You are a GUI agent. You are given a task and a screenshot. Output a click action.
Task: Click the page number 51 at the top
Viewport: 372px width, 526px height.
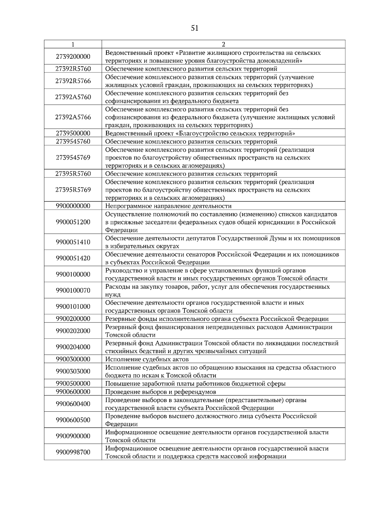tap(195, 28)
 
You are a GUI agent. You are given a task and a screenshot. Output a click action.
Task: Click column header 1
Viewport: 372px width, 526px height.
tap(73, 44)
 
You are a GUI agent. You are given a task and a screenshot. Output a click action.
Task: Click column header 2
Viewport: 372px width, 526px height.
tap(223, 44)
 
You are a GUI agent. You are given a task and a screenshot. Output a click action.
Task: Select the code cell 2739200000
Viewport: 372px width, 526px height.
tap(73, 57)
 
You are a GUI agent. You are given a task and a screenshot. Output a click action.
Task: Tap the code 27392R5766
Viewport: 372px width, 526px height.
tap(73, 81)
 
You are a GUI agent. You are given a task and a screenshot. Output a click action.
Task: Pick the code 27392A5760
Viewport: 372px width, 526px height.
tap(73, 97)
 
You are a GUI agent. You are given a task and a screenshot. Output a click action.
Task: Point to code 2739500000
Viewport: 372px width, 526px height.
tap(73, 134)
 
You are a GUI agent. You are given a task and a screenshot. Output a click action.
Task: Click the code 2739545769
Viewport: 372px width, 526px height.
tap(73, 158)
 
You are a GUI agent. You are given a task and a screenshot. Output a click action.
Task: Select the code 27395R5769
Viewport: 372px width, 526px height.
tap(73, 190)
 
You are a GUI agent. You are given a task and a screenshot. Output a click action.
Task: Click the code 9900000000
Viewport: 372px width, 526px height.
tap(73, 206)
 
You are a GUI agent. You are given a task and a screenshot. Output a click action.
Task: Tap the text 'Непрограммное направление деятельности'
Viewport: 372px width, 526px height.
tap(168, 206)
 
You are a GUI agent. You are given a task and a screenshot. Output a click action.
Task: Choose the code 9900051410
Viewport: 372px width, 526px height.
tap(73, 242)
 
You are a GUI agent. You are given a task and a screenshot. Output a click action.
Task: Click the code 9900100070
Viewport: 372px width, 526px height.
tap(73, 291)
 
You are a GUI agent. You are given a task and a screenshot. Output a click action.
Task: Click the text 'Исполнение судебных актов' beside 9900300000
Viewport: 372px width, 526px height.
tap(147, 359)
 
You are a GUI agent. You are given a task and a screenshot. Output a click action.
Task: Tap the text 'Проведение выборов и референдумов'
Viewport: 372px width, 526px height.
tap(161, 392)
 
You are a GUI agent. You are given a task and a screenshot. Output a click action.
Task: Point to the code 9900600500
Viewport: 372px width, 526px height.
tap(73, 420)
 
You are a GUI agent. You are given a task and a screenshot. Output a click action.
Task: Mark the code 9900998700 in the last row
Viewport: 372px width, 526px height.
tap(73, 452)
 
